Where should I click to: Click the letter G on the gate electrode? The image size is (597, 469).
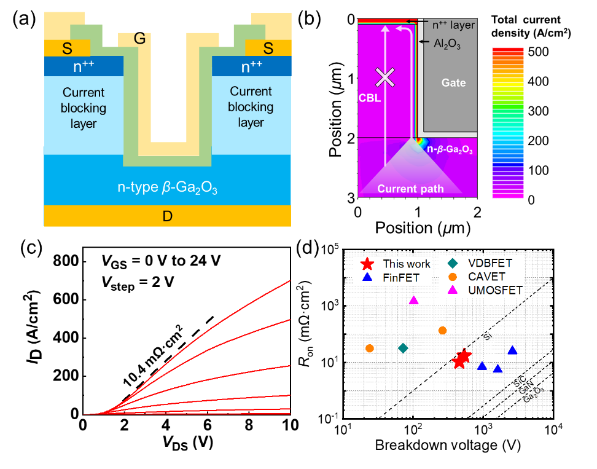coord(139,39)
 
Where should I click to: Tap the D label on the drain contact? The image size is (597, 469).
coord(167,216)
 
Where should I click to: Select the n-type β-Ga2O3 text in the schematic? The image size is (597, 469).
coord(167,187)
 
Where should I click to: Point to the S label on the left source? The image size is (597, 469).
coord(67,49)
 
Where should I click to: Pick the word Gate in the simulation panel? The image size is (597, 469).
coord(453,83)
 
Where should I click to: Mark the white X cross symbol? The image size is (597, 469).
coord(385,77)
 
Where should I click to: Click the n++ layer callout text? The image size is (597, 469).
coord(453,25)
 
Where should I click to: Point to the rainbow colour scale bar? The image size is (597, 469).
coord(508,123)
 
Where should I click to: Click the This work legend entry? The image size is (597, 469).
coord(396,264)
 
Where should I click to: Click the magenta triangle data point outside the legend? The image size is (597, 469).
coord(413,300)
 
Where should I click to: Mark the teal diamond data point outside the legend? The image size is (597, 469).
coord(403,348)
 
